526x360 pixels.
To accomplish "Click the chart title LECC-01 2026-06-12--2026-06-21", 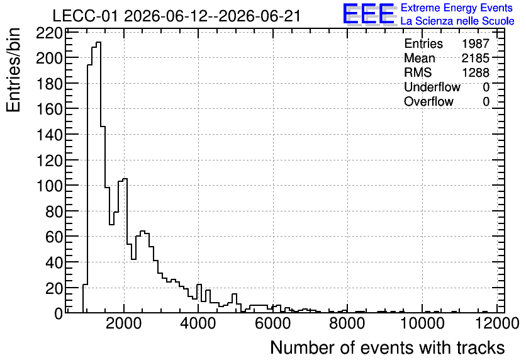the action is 176,16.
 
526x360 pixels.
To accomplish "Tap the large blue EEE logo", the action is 369,14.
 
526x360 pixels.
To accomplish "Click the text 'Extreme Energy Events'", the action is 457,8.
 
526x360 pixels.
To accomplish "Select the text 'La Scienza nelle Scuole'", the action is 457,21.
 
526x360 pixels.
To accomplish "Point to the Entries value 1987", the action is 475,43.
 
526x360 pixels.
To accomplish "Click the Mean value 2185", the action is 475,58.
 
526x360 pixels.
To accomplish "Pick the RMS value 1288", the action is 475,72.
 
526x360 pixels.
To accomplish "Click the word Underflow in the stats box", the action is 432,87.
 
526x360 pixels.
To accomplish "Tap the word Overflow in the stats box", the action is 428,101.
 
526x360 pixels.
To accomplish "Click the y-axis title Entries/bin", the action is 13,70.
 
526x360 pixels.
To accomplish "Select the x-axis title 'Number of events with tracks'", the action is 388,347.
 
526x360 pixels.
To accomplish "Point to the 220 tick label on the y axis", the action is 49,33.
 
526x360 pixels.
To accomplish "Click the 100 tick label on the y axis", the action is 49,186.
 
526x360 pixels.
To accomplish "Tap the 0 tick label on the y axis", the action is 59,313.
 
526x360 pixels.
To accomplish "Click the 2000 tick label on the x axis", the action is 124,323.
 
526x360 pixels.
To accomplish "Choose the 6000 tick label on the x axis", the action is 273,323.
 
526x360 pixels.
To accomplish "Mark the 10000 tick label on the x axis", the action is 422,323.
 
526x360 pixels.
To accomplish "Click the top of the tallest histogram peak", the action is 99,42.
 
